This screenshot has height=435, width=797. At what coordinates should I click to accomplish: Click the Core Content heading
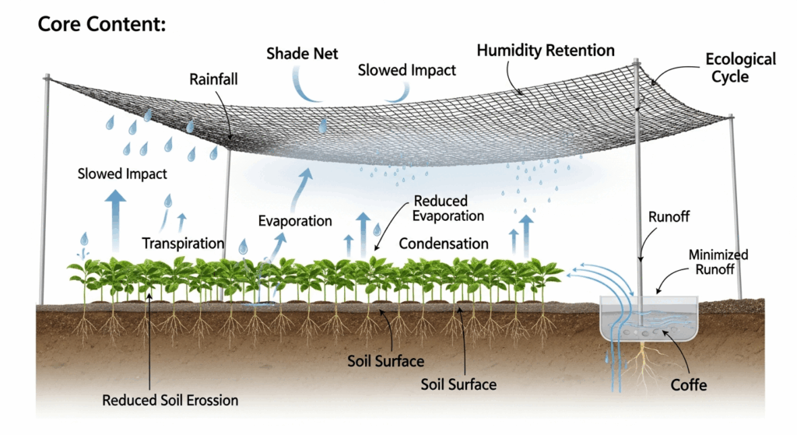(x=102, y=24)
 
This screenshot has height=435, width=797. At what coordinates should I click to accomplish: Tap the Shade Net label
(x=302, y=54)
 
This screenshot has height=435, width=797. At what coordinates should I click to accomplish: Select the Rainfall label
(x=213, y=79)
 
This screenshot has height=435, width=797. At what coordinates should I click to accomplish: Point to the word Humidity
(x=509, y=51)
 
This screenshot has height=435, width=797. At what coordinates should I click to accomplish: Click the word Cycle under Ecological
(x=730, y=77)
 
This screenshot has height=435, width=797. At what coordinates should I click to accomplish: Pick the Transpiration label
(x=183, y=244)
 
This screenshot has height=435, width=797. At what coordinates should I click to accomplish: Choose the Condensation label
(x=443, y=244)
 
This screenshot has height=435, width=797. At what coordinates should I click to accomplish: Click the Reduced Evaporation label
(x=448, y=209)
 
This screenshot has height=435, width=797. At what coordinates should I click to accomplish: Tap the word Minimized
(x=718, y=254)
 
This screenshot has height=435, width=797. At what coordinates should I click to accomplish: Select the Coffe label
(x=688, y=385)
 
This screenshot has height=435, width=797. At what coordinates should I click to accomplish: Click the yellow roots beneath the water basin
(x=644, y=365)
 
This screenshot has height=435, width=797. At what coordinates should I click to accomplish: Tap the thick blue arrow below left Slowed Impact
(x=115, y=221)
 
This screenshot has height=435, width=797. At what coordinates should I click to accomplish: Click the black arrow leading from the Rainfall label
(x=226, y=113)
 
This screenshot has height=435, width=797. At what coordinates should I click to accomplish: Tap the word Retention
(x=580, y=51)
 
